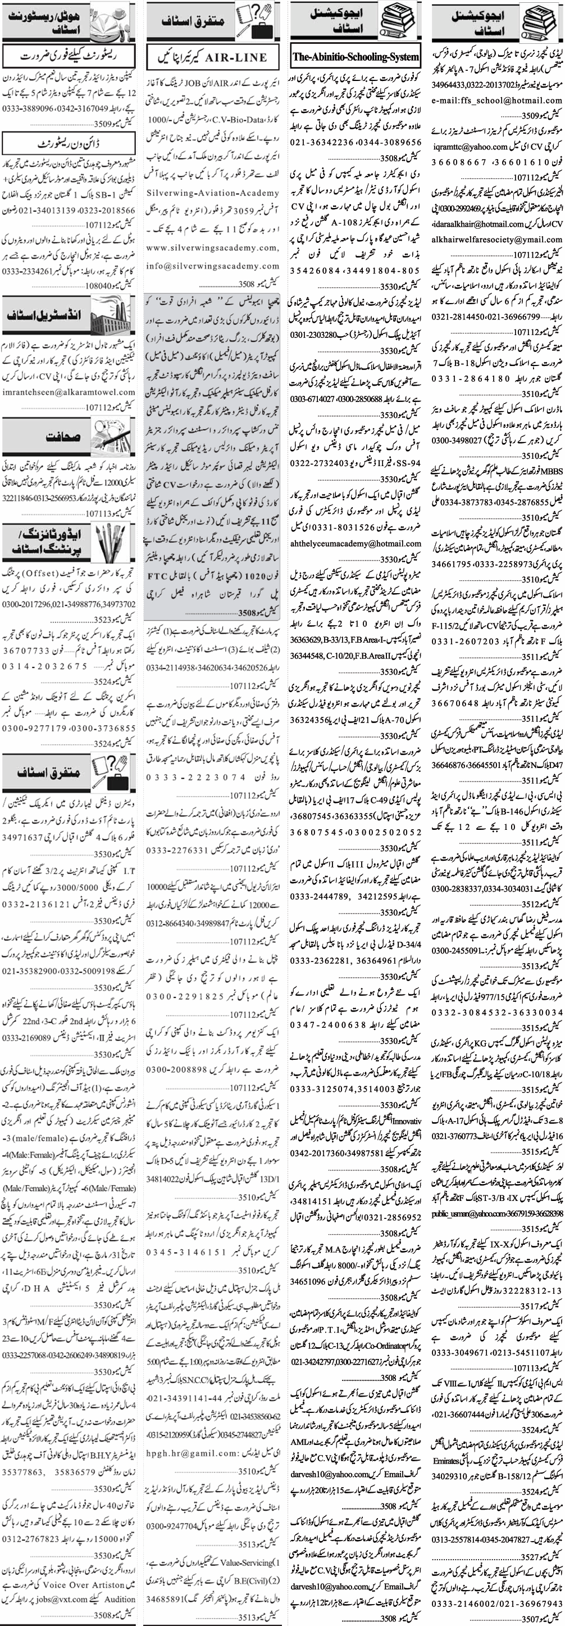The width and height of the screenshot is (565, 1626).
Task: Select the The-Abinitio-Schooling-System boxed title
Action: click(x=356, y=57)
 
